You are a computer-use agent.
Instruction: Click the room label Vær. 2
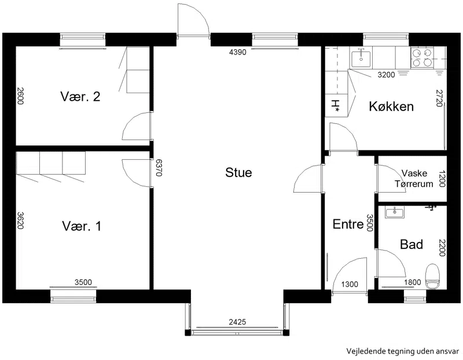coord(80,97)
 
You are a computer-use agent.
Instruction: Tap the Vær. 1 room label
coord(82,226)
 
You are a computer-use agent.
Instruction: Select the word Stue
coord(238,172)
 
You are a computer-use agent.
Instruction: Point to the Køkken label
coord(391,106)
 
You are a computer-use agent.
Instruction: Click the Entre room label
coord(348,224)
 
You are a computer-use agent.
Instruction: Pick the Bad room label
coord(411,244)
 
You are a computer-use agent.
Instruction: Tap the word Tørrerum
coord(414,183)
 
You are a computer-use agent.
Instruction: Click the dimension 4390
coord(238,52)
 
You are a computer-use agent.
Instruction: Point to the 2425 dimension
coord(237,322)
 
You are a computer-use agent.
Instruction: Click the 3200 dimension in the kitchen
coord(386,75)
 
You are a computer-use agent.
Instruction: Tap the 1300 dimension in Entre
coord(350,284)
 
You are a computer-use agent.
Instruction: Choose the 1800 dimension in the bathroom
coord(413,282)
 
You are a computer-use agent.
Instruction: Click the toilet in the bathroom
coord(432,277)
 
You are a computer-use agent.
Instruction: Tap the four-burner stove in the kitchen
coord(422,57)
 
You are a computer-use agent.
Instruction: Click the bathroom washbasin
coord(395,212)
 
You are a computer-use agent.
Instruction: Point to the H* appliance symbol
coord(336,106)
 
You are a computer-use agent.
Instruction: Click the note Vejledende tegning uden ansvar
coord(403,351)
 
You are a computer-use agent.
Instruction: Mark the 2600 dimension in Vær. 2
coord(20,95)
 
